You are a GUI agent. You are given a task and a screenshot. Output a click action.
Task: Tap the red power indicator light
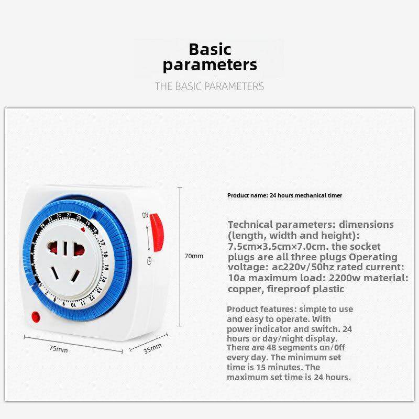pyautogui.click(x=36, y=316)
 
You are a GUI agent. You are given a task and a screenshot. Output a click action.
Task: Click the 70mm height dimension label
pyautogui.click(x=195, y=256)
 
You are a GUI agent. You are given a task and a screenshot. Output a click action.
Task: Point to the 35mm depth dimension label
pyautogui.click(x=153, y=348)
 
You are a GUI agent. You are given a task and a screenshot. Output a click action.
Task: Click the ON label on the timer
pyautogui.click(x=146, y=215)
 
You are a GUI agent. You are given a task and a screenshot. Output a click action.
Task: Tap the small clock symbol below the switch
pyautogui.click(x=150, y=261)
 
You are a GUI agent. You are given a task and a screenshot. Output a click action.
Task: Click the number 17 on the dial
pyautogui.click(x=102, y=242)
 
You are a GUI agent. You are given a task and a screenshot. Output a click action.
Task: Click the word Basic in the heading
pyautogui.click(x=210, y=50)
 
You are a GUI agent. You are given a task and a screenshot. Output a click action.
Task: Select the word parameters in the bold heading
pyautogui.click(x=210, y=65)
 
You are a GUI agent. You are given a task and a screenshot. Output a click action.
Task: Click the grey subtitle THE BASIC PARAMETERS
pyautogui.click(x=210, y=86)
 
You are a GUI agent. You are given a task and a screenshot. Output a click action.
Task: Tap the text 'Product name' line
pyautogui.click(x=284, y=195)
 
